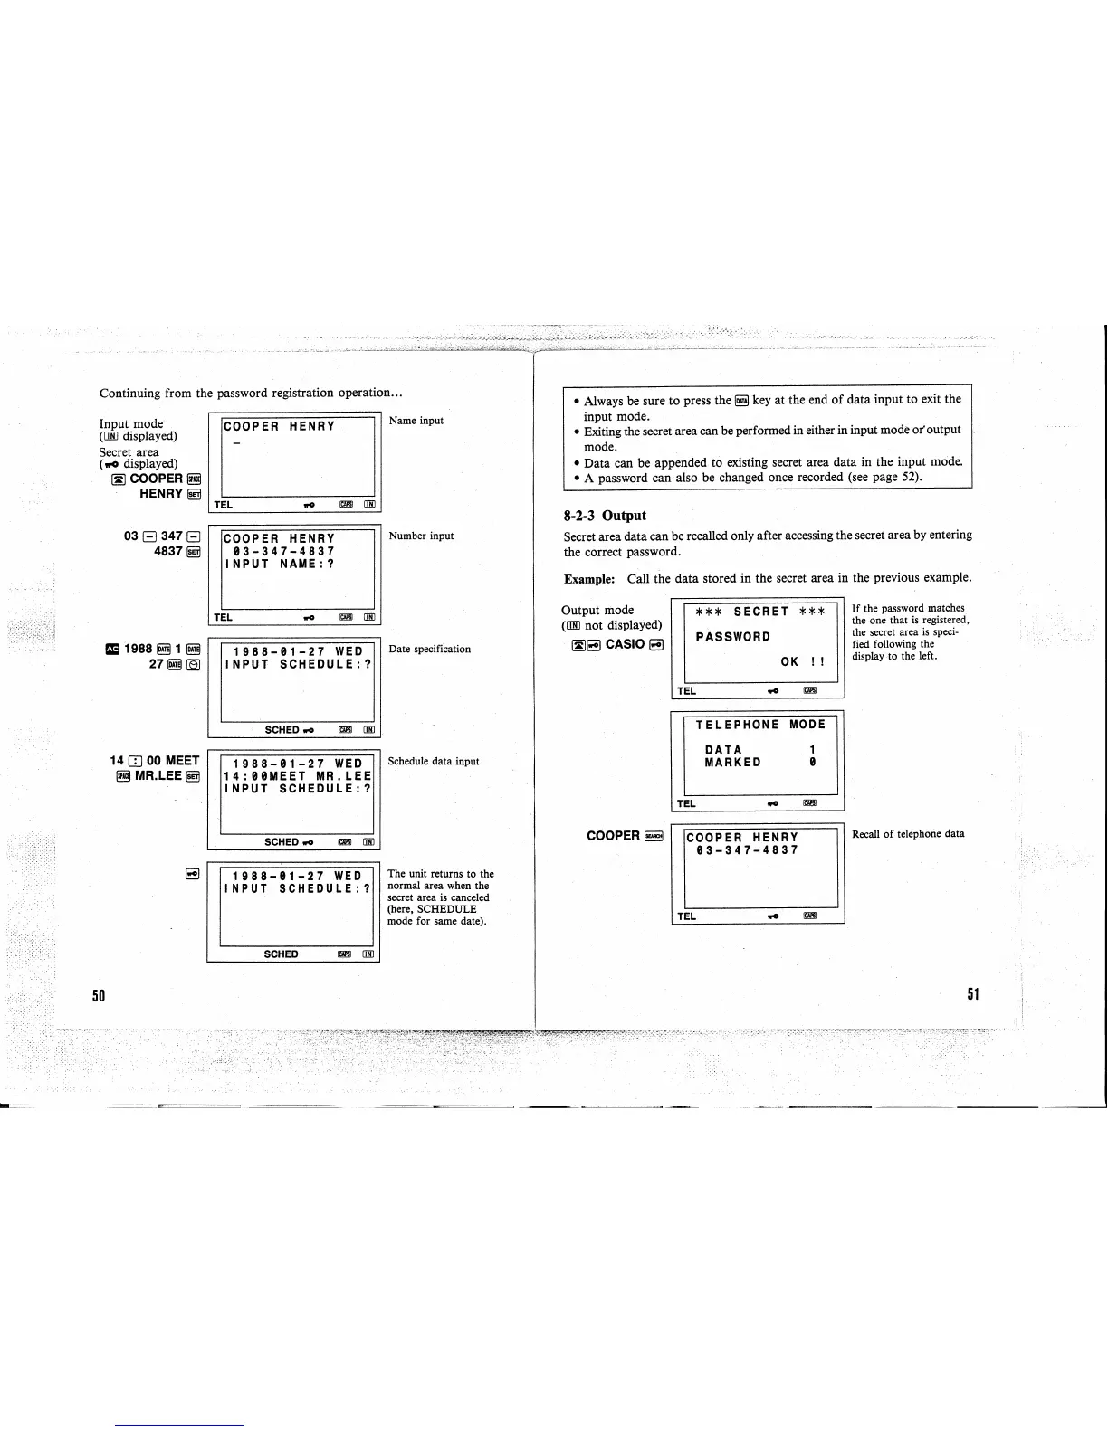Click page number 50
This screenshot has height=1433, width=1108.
100,995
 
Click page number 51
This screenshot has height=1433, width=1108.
973,994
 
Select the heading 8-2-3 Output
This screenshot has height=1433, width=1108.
605,516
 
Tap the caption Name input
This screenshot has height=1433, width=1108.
416,421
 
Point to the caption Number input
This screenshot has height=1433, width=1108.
421,536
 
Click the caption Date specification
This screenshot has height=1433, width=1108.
429,649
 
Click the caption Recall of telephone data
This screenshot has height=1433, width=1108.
908,833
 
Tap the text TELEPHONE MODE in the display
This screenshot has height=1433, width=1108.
760,725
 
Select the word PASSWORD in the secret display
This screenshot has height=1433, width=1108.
733,637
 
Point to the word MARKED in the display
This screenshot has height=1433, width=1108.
732,763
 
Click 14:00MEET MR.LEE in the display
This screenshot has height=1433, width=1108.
298,776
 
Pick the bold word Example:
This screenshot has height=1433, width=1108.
589,578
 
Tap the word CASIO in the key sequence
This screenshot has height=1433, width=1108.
625,644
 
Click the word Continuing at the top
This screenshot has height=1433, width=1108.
129,394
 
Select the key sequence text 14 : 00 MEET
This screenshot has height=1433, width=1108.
154,761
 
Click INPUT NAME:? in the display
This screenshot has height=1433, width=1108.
280,564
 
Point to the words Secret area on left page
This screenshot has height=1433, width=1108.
129,451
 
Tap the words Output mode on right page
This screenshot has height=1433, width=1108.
597,610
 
